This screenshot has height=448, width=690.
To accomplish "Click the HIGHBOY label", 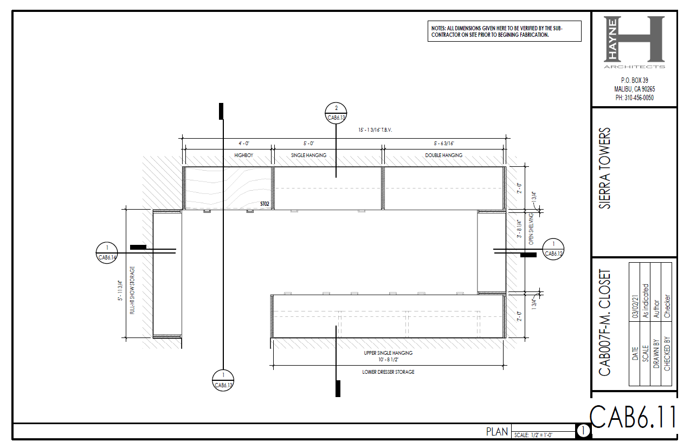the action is (x=244, y=155).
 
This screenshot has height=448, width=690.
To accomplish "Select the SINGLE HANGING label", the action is (x=308, y=155).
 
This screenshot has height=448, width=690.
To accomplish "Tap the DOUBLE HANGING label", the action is (x=443, y=155).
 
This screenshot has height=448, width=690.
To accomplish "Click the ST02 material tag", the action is (x=265, y=204).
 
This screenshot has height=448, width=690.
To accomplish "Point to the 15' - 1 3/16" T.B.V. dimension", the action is (x=375, y=130).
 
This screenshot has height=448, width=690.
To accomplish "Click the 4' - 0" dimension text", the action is (x=244, y=144).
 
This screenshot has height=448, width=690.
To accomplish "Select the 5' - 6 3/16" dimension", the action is (x=444, y=144).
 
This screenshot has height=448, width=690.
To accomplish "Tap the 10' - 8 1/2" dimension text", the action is (x=388, y=360).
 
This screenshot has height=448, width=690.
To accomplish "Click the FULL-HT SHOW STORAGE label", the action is (x=132, y=290).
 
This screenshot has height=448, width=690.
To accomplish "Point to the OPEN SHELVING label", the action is (x=531, y=229).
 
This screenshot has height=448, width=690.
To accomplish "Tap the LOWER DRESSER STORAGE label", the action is (x=388, y=372).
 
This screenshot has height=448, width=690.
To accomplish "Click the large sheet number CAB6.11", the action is (x=633, y=417).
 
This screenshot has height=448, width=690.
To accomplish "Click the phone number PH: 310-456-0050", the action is (x=635, y=98).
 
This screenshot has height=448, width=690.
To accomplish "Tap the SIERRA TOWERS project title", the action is (x=604, y=168).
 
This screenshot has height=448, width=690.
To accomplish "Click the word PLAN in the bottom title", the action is (x=497, y=432).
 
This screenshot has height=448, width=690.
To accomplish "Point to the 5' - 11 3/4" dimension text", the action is (x=120, y=290).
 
